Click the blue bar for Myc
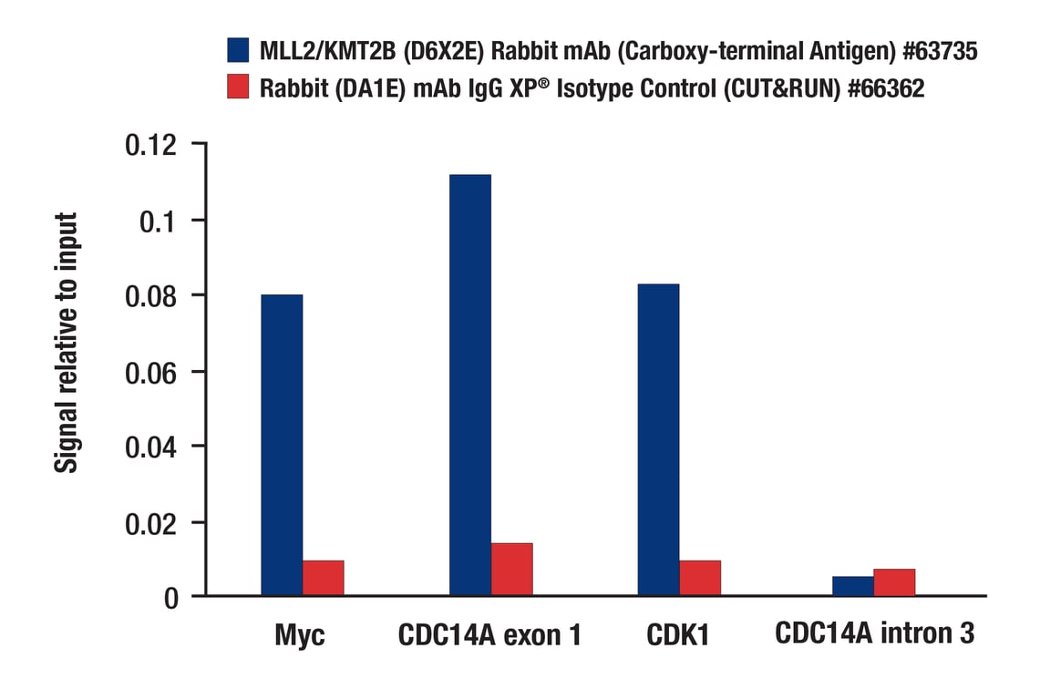click(282, 445)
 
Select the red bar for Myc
click(323, 578)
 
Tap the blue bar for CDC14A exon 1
click(469, 385)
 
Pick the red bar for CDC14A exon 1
click(511, 570)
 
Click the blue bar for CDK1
click(658, 439)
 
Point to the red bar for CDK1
click(699, 578)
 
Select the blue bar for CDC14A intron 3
click(852, 586)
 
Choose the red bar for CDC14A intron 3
click(894, 582)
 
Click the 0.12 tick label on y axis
click(153, 145)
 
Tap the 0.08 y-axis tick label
click(153, 296)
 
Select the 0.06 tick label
click(153, 372)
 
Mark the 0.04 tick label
click(153, 447)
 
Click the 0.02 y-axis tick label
click(153, 522)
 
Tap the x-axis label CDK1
click(678, 635)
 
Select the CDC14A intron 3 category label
click(874, 633)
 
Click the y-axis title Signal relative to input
click(67, 343)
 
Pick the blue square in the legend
click(239, 51)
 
